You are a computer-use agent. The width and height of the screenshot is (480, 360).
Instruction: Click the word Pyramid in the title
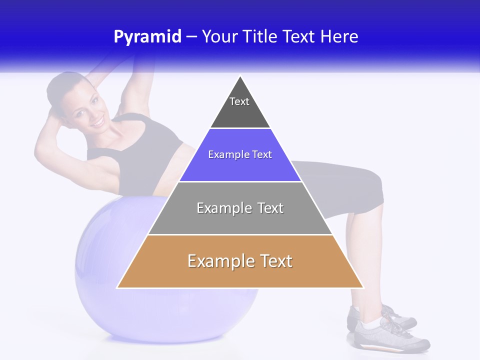point(147,37)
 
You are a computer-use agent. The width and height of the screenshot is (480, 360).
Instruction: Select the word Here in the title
point(339,37)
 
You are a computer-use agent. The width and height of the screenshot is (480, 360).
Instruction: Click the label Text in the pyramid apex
point(239,101)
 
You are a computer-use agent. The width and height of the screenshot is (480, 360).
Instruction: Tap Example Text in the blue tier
point(240,154)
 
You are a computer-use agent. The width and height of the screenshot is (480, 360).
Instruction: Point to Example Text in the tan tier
point(240,261)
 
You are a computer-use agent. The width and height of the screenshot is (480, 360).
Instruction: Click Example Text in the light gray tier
point(240,208)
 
